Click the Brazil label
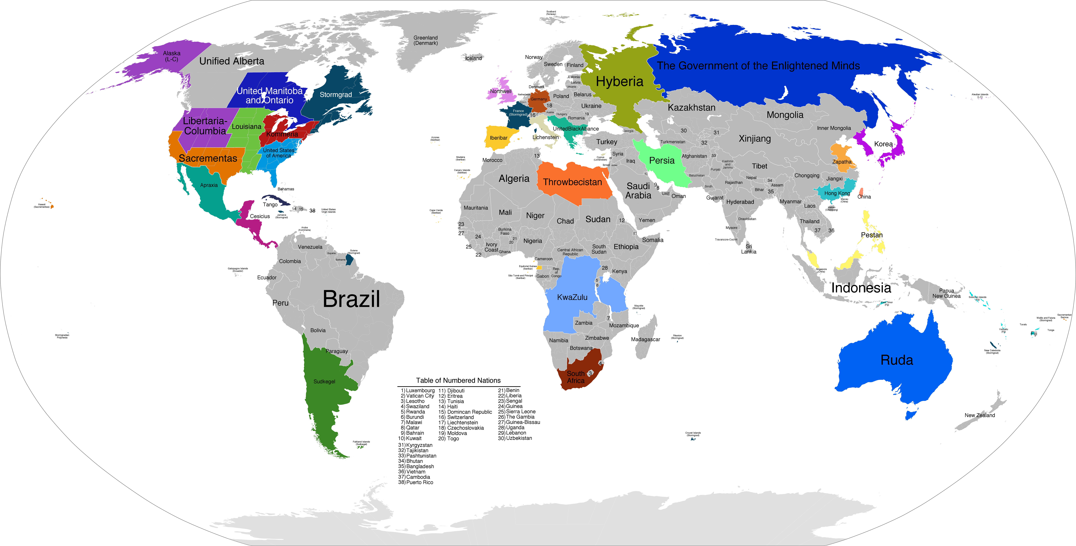pos(351,299)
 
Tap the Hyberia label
pos(620,81)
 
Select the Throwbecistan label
pos(572,182)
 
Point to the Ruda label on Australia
pos(896,360)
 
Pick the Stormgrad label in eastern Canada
pos(335,95)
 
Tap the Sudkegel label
pos(324,381)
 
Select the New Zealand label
pos(979,415)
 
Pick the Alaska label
pos(172,56)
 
